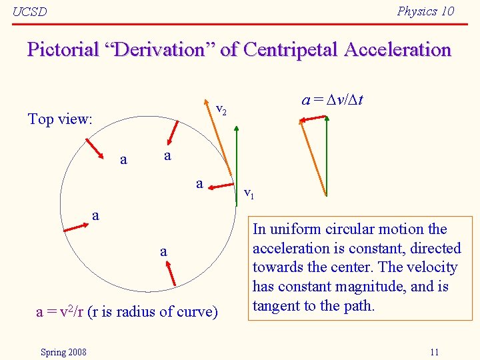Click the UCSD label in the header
tap(30, 12)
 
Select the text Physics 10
tap(425, 11)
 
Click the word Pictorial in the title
tap(61, 50)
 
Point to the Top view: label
tap(60, 119)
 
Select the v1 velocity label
tap(249, 194)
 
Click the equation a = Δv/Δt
tap(337, 101)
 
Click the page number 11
tap(434, 352)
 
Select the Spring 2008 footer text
tap(63, 352)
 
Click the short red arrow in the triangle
tap(313, 119)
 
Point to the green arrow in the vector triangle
tap(327, 157)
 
